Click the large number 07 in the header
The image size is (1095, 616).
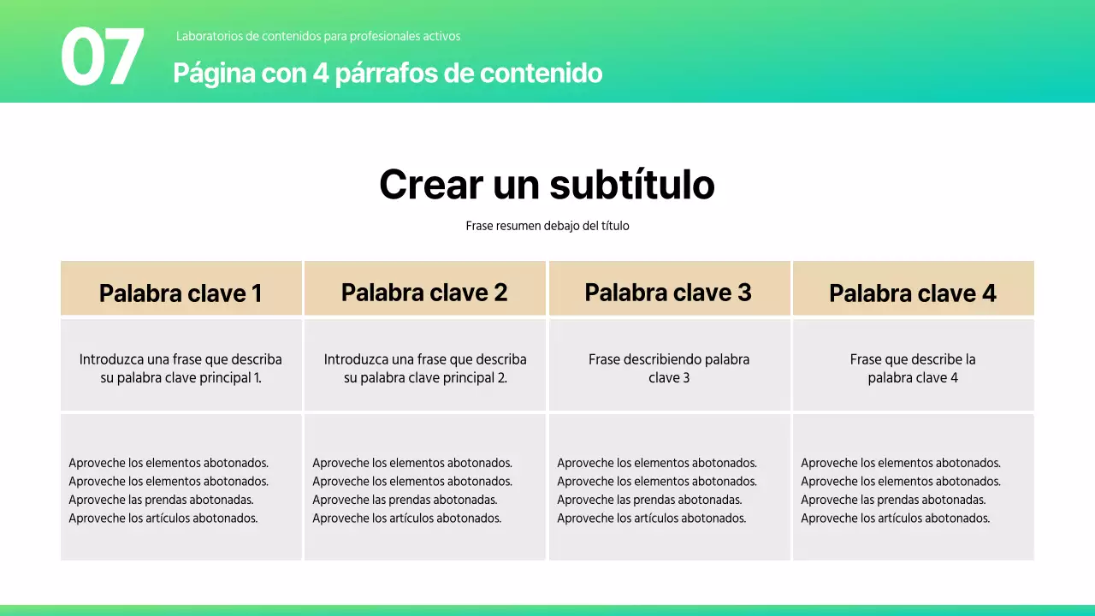click(x=102, y=56)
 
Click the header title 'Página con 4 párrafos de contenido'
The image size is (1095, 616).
click(x=388, y=74)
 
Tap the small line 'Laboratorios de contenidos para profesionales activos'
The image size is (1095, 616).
click(x=318, y=37)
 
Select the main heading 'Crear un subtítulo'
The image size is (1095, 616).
click(x=547, y=184)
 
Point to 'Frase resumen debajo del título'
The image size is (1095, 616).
click(x=547, y=226)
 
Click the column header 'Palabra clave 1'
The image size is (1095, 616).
click(x=181, y=293)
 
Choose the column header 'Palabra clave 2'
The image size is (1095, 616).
click(x=424, y=293)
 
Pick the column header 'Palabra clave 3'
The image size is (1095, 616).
click(x=668, y=293)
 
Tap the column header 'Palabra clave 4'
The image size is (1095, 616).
click(x=913, y=293)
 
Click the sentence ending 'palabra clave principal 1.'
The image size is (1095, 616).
click(x=181, y=369)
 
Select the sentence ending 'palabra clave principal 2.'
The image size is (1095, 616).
click(x=425, y=369)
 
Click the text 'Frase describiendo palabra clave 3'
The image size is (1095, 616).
click(x=669, y=369)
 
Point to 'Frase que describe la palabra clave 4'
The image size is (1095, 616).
click(x=913, y=369)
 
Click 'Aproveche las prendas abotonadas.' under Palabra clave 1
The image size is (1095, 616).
click(x=161, y=500)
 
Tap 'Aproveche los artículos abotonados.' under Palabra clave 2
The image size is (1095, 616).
click(x=406, y=518)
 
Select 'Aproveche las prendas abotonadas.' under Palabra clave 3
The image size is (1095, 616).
click(x=649, y=500)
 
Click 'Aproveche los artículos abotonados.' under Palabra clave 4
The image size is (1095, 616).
click(x=895, y=518)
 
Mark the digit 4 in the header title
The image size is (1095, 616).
click(x=321, y=74)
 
